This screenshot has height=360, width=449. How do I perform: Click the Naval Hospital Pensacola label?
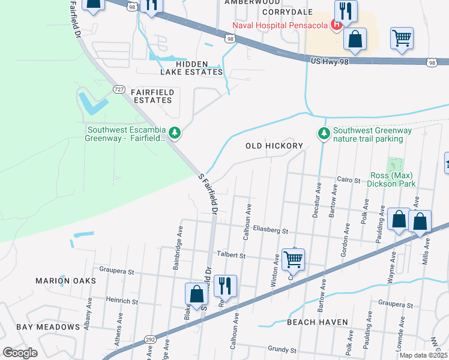tap(280, 25)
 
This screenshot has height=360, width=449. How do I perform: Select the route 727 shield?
tap(119, 89)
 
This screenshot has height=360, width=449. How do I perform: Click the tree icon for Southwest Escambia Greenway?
tap(175, 132)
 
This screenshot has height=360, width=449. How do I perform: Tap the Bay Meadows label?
tap(48, 327)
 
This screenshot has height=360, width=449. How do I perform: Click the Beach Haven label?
tap(317, 322)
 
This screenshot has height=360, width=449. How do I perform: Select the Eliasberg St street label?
tap(270, 230)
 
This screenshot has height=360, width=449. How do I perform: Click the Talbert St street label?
tap(233, 256)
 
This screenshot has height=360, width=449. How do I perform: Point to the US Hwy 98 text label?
tap(333, 61)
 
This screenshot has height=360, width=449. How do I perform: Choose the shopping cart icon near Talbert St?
tap(293, 259)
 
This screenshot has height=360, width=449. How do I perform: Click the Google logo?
tap(20, 353)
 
